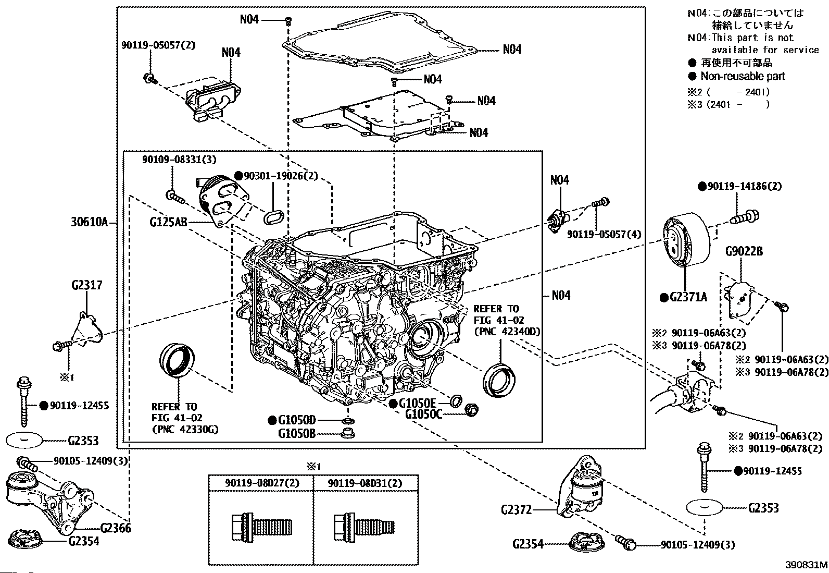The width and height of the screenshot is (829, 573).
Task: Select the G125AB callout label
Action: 168,222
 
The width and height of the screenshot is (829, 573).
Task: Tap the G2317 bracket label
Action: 87,285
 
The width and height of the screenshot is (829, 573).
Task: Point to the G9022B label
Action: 744,251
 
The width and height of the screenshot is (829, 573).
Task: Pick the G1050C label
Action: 423,414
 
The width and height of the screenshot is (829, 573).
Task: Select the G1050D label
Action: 297,420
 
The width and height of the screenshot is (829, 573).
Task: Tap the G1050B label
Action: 297,433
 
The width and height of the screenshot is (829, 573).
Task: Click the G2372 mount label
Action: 516,509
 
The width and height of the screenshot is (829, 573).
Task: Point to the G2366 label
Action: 116,528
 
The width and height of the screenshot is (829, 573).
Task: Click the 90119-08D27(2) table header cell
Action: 262,483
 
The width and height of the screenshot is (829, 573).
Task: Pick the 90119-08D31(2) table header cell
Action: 365,483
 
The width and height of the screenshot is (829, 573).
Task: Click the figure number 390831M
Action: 806,565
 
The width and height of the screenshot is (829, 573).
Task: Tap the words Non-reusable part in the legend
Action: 742,76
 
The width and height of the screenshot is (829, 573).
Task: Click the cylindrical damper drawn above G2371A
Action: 685,240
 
